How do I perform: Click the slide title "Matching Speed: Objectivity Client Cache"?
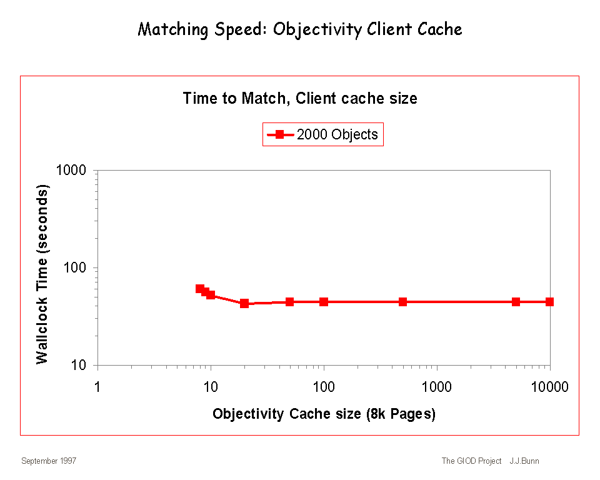pos(300,29)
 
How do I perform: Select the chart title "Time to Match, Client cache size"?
pos(300,98)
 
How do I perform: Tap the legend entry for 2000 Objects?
pos(322,134)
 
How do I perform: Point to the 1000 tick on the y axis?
pos(77,171)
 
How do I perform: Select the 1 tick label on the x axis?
pos(97,387)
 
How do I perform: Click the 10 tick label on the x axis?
pos(211,387)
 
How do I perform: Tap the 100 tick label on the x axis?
pos(324,387)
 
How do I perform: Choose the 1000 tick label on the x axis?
pos(437,387)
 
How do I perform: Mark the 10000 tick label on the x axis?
pos(549,387)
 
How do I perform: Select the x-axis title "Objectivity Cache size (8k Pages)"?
pos(324,414)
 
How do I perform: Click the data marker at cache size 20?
pos(244,303)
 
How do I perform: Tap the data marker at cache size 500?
pos(402,302)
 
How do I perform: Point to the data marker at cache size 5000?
pos(516,302)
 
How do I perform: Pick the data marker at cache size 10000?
pos(549,302)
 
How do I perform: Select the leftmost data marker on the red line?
pos(199,289)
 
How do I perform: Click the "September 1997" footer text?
pos(49,461)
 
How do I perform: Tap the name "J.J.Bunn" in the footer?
pos(524,461)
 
